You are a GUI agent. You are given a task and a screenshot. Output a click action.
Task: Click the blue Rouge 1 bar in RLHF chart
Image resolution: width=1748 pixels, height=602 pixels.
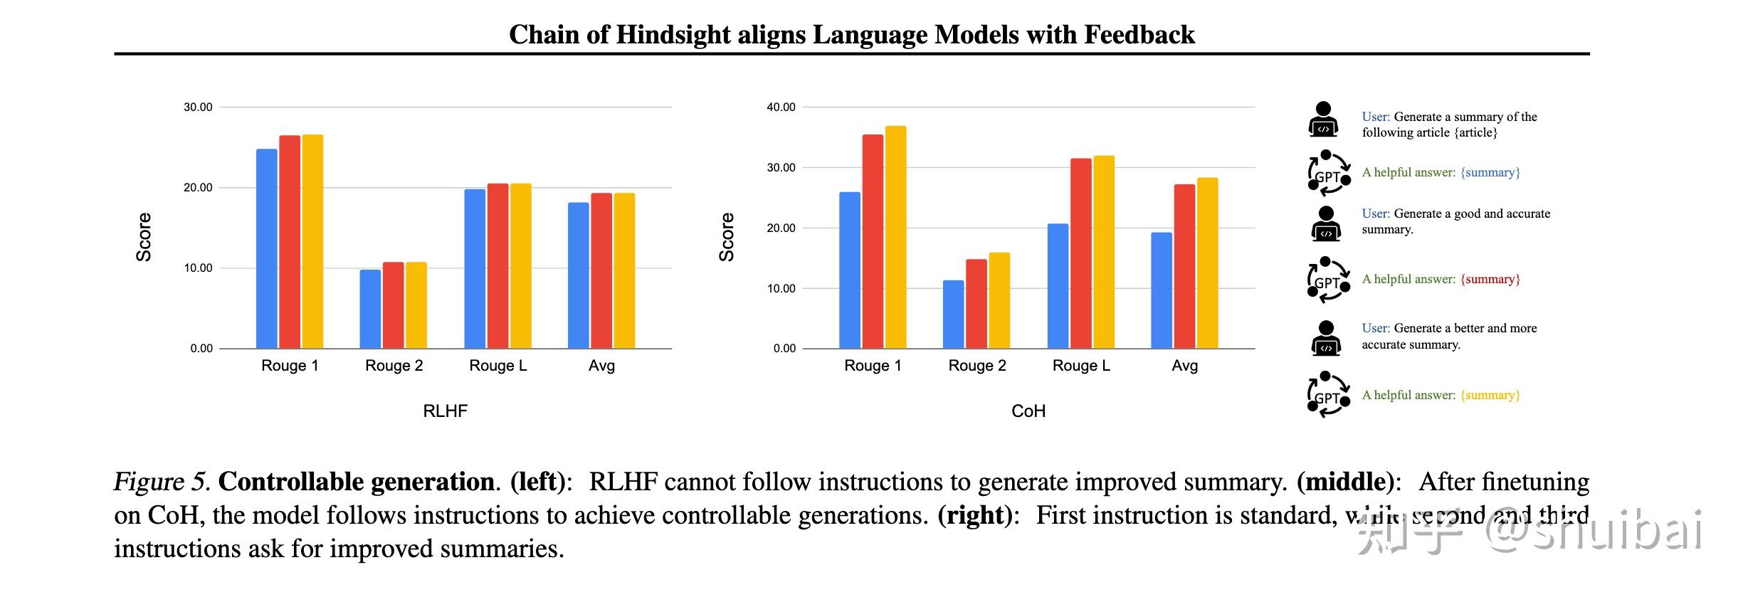[x=267, y=249]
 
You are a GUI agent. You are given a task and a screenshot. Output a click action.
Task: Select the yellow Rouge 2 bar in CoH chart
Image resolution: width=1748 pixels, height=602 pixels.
[x=999, y=300]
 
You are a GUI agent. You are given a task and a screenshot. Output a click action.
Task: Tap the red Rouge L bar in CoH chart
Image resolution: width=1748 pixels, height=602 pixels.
[x=1080, y=253]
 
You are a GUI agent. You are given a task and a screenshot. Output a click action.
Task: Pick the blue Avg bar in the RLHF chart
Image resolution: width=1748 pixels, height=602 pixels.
[x=578, y=276]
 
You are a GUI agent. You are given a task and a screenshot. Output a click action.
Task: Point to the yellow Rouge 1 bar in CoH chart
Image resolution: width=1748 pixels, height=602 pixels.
[x=895, y=237]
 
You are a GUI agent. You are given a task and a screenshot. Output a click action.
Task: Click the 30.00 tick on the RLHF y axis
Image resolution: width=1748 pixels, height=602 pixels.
[x=198, y=107]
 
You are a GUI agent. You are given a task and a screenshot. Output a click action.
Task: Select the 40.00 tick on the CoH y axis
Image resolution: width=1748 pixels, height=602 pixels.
[x=781, y=107]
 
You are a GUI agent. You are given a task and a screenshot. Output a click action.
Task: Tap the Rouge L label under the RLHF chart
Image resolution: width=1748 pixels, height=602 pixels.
[x=497, y=366]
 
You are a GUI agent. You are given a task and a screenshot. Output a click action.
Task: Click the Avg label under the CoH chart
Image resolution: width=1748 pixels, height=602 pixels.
[x=1184, y=366]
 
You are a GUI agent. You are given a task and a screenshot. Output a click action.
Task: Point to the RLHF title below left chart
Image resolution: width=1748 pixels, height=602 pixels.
[x=445, y=411]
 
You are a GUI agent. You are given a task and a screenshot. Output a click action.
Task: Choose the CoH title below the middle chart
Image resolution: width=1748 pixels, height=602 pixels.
[x=1028, y=411]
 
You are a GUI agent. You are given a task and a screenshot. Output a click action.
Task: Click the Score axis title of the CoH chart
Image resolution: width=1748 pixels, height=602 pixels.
[x=726, y=237]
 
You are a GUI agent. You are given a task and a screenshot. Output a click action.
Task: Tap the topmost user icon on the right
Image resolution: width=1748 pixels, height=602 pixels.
[x=1323, y=119]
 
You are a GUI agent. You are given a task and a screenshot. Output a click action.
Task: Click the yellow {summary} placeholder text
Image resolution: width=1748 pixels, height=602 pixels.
[x=1490, y=395]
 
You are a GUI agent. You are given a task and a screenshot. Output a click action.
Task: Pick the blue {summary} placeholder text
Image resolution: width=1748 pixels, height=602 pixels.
[x=1490, y=172]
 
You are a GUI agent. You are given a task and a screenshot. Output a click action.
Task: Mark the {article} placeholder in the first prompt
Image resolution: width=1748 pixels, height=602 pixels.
[x=1475, y=133]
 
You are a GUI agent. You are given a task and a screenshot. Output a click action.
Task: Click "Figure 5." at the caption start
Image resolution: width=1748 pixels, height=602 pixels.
[x=162, y=482]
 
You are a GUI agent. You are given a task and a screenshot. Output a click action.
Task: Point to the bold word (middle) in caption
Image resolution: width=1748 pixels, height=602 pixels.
[x=1344, y=482]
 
